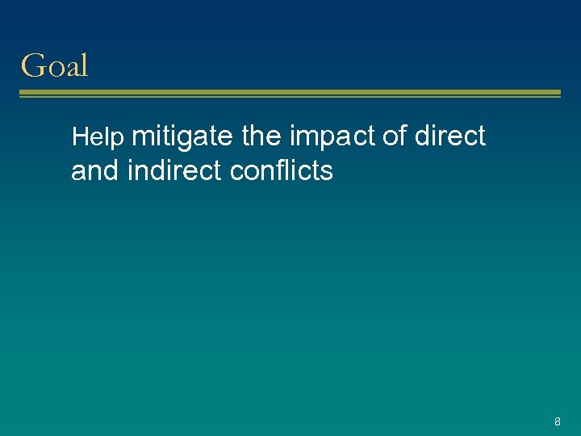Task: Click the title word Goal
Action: point(54,65)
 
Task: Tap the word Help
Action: point(98,138)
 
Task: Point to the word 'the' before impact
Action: point(261,136)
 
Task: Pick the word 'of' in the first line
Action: point(395,136)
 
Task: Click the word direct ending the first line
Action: point(450,136)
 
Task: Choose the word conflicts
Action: point(282,171)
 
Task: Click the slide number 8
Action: point(557,421)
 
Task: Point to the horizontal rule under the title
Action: point(290,94)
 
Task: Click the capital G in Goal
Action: point(32,65)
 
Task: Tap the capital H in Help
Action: point(78,138)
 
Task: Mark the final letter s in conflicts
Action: point(327,172)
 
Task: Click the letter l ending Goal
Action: point(83,65)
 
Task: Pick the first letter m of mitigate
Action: point(142,137)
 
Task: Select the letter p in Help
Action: point(118,140)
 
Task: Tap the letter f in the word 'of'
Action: point(403,136)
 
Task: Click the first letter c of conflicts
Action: point(236,172)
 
